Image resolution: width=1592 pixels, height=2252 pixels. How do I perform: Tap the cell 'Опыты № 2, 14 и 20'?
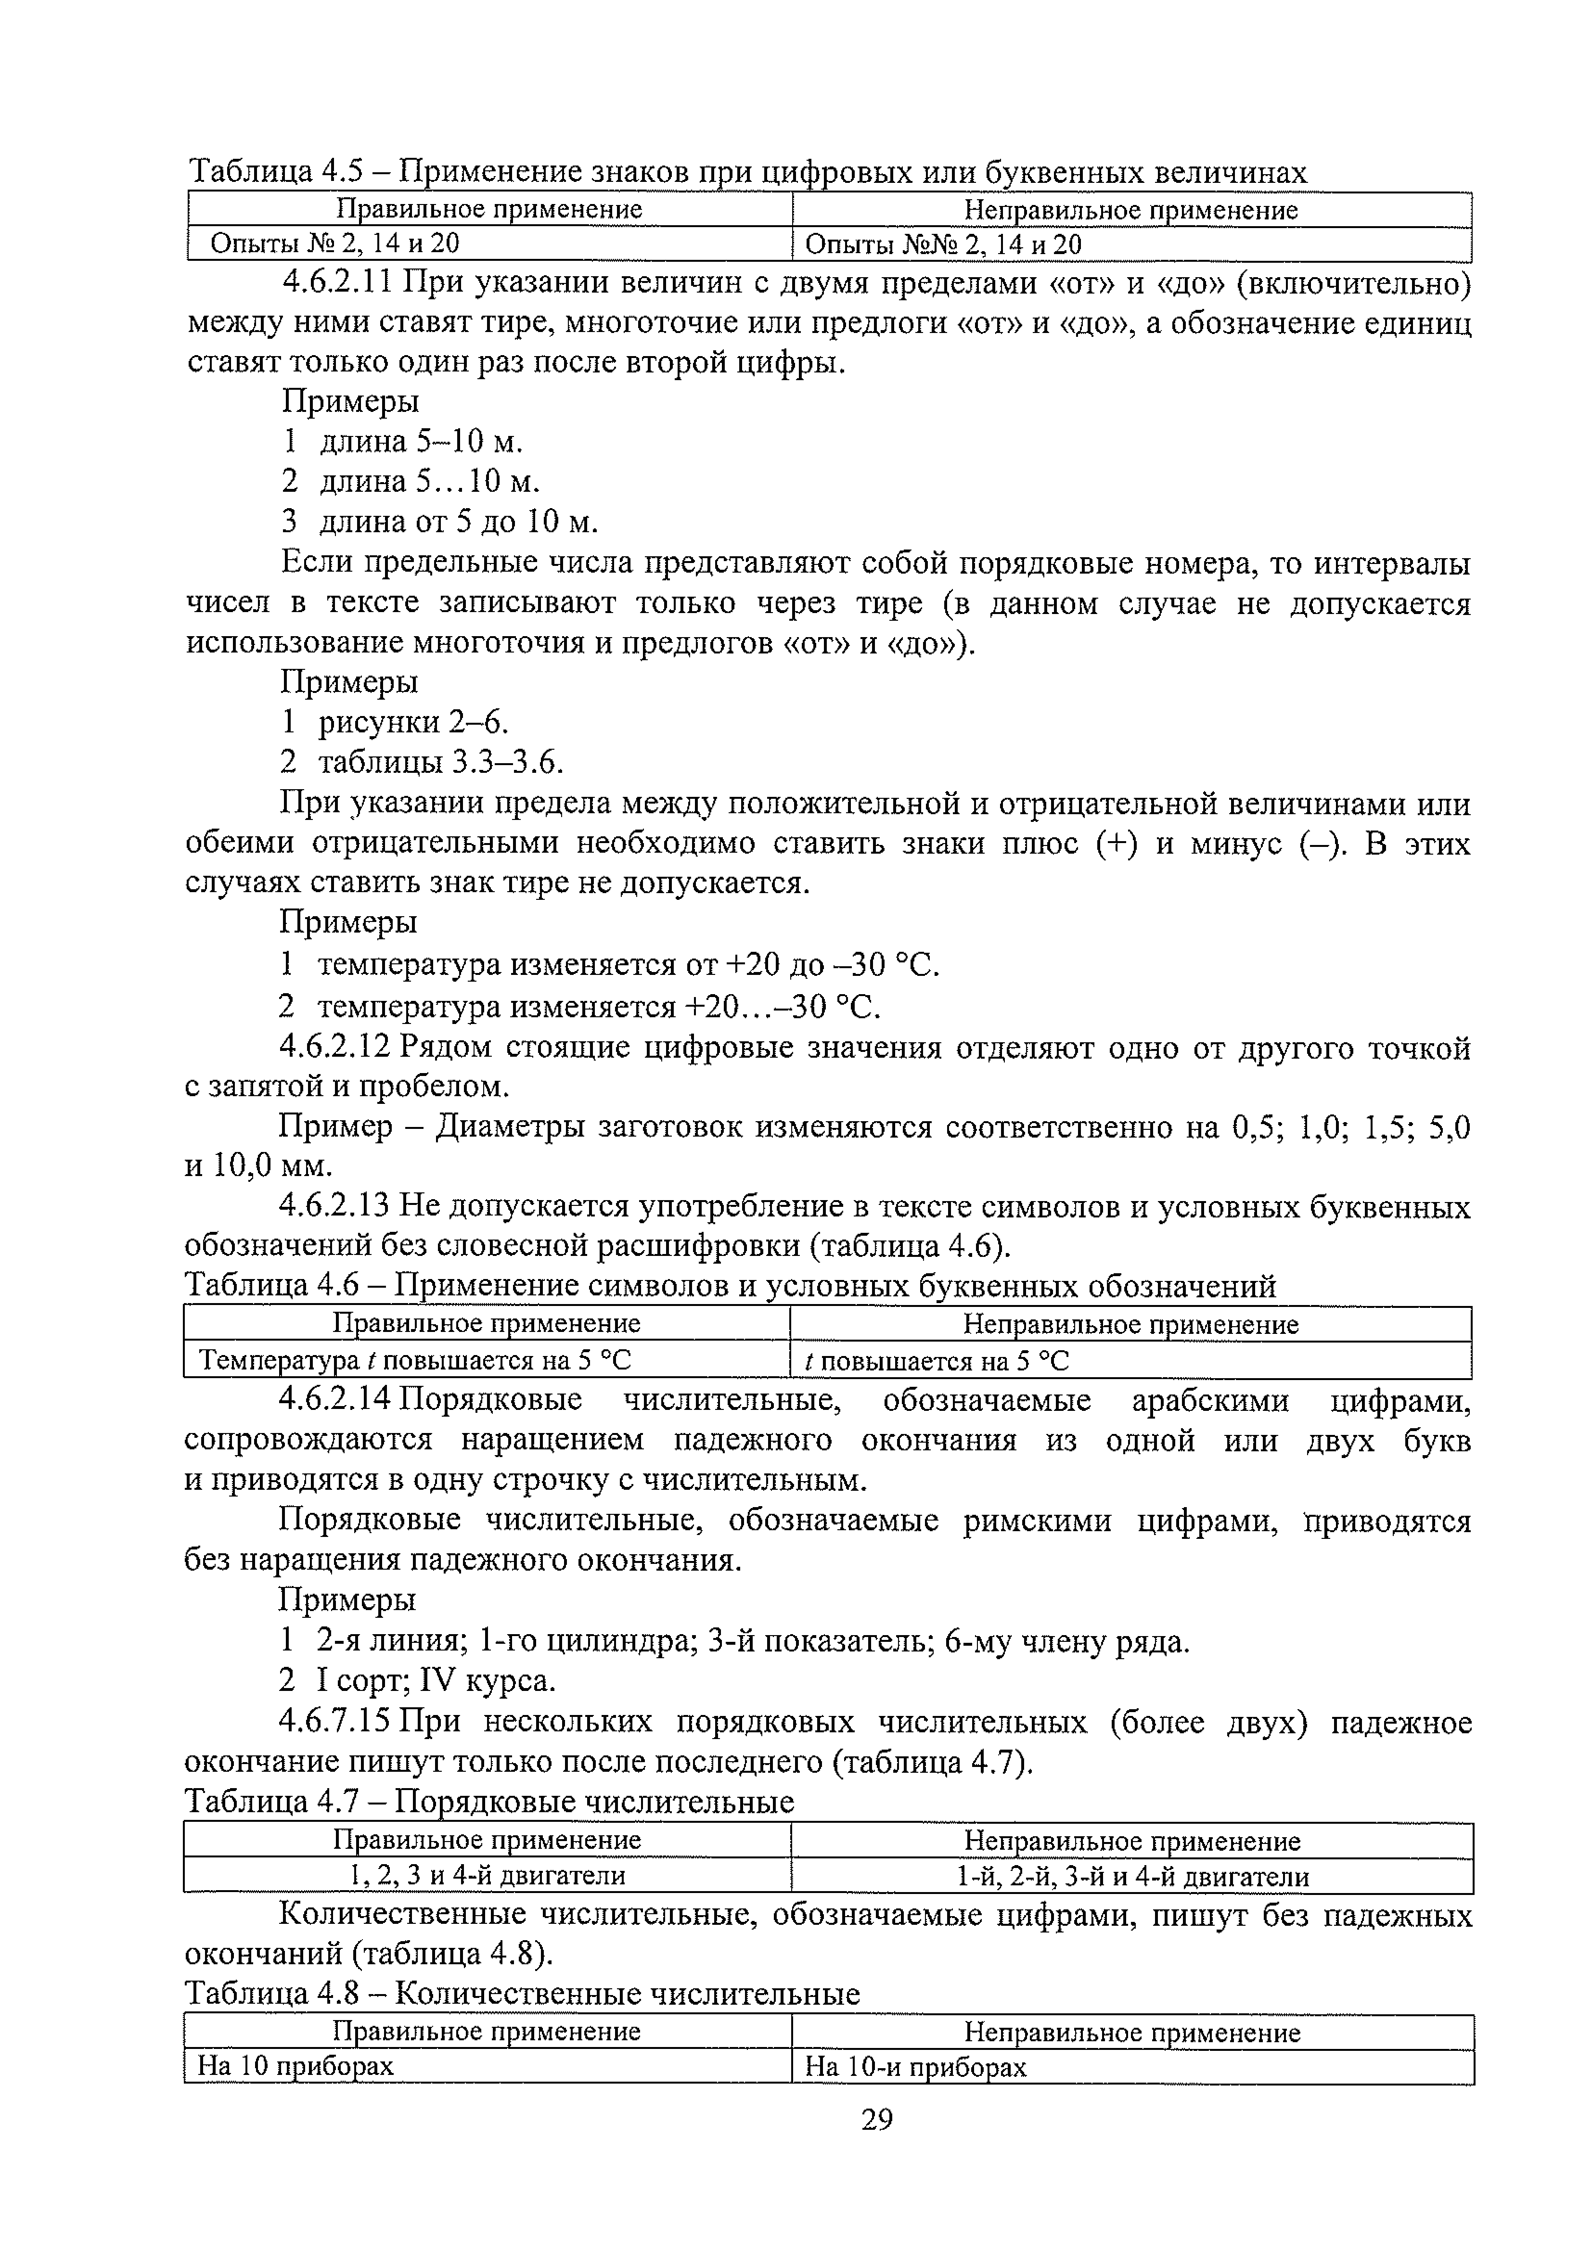(334, 243)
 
